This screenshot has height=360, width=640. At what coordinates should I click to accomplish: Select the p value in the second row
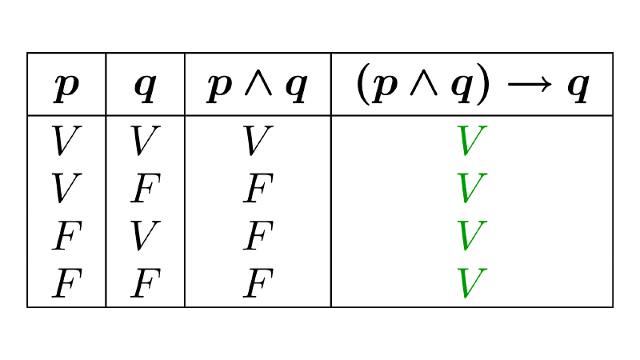pos(66,189)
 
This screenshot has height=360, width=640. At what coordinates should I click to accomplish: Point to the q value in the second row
pos(145,189)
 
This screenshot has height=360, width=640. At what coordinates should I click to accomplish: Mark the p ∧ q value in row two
pos(258,189)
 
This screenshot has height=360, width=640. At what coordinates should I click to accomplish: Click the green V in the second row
pos(472,189)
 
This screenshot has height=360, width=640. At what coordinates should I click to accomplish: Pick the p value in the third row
pos(66,236)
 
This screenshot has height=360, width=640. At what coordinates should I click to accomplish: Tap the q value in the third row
pos(145,236)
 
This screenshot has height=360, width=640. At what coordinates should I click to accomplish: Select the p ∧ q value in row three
pos(258,236)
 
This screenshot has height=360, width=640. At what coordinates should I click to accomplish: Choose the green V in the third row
pos(472,236)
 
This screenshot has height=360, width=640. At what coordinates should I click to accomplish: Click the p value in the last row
pos(66,283)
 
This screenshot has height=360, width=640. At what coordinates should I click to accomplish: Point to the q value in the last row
pos(145,283)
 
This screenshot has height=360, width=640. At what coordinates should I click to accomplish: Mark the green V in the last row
pos(472,283)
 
